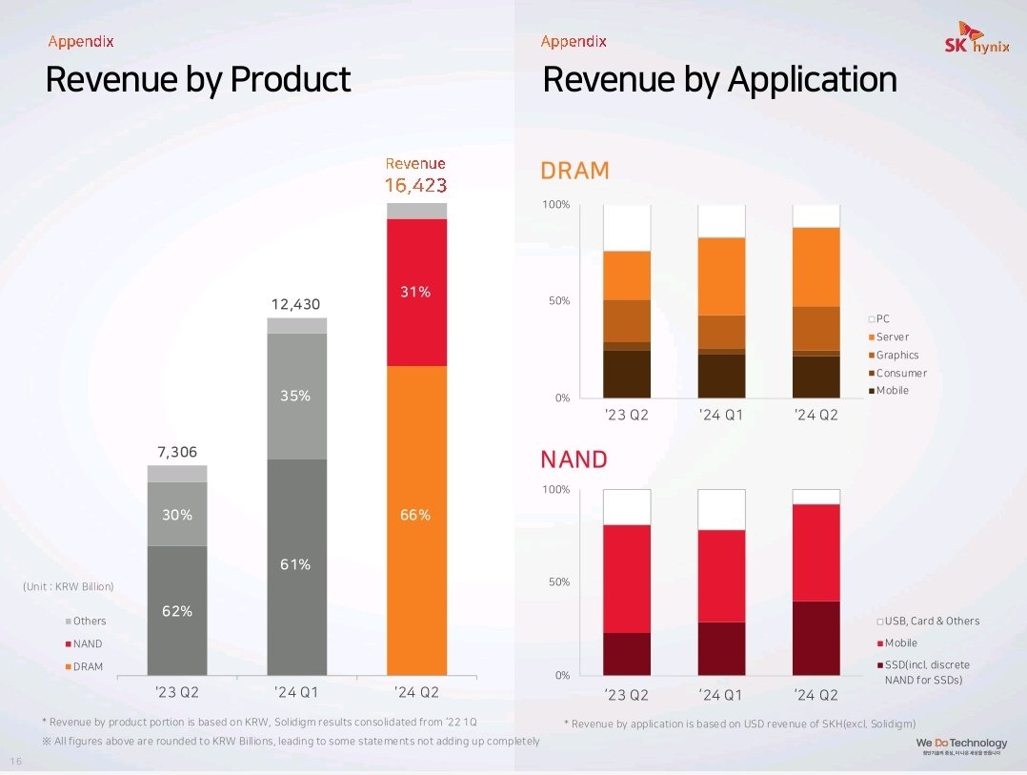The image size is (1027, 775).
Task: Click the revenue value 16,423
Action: click(415, 185)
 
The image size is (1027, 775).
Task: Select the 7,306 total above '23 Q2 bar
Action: click(176, 452)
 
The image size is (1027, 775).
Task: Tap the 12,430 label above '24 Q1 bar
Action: click(295, 304)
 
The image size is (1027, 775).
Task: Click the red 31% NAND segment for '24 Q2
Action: click(416, 293)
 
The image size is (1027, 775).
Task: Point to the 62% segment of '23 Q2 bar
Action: click(177, 610)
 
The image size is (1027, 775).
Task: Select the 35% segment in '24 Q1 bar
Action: click(296, 396)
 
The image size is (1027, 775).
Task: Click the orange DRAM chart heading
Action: click(574, 171)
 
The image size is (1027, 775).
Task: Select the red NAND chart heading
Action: click(574, 459)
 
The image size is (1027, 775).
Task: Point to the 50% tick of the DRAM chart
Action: click(556, 301)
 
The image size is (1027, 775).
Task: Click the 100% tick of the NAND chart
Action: click(555, 490)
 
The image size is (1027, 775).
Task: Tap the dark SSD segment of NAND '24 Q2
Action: click(816, 638)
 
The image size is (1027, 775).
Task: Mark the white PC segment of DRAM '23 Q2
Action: click(627, 228)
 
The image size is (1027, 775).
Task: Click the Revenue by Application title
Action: click(719, 79)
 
